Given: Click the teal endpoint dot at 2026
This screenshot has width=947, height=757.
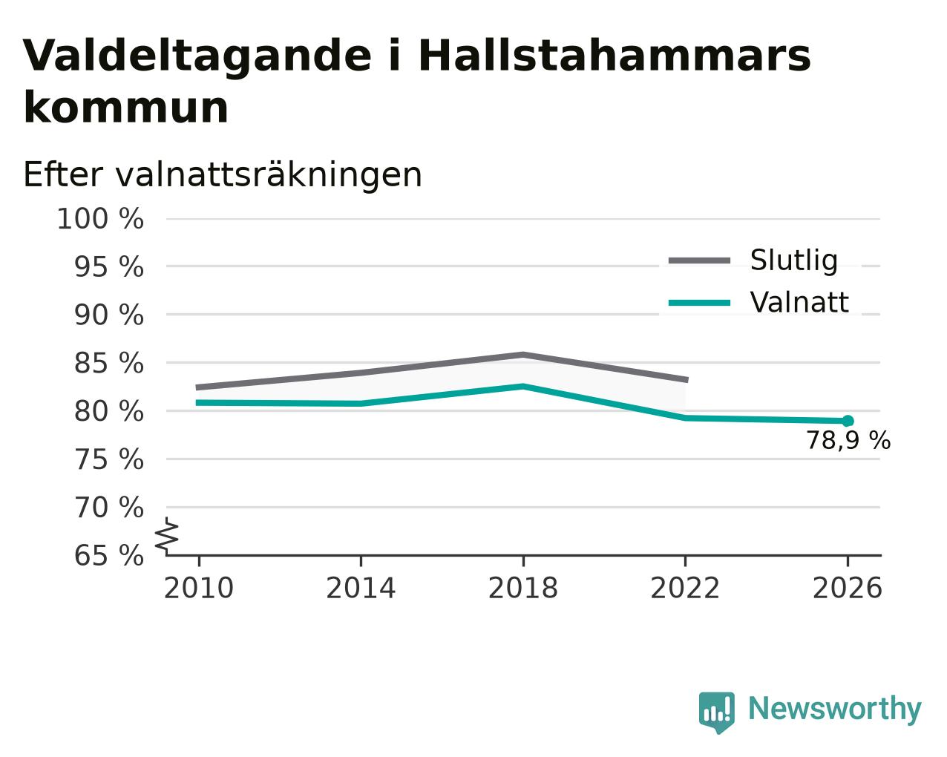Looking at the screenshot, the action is pos(848,422).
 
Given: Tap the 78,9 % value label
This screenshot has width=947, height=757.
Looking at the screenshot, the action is pos(848,441).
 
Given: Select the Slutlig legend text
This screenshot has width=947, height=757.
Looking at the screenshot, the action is pos(793,261).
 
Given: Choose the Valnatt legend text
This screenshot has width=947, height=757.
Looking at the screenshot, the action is pos(799,302).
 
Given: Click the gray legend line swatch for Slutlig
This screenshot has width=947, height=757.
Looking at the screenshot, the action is pos(699,261).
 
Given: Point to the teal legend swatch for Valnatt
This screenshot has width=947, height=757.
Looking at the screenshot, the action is pos(699,303).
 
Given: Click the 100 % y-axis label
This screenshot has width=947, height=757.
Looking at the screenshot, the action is pos(100,219).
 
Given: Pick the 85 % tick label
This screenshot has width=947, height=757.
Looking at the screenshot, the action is pos(108,364).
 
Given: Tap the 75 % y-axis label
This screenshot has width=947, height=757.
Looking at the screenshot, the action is pos(108,460).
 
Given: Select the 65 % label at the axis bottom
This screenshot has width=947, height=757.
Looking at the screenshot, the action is pos(108,555).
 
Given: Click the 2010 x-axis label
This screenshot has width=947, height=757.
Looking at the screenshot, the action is pos(198,589).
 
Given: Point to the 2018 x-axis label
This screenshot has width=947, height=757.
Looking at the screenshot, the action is pos(522,589).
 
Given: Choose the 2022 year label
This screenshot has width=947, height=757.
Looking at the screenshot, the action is pos(685,589).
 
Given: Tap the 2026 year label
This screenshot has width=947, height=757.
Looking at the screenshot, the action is pos(847,589).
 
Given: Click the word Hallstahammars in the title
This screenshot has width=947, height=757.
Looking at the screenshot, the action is pos(615,56).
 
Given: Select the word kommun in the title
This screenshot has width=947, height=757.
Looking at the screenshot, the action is pos(126,108).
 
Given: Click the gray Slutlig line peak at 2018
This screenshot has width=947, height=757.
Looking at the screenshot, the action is pos(522,355).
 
